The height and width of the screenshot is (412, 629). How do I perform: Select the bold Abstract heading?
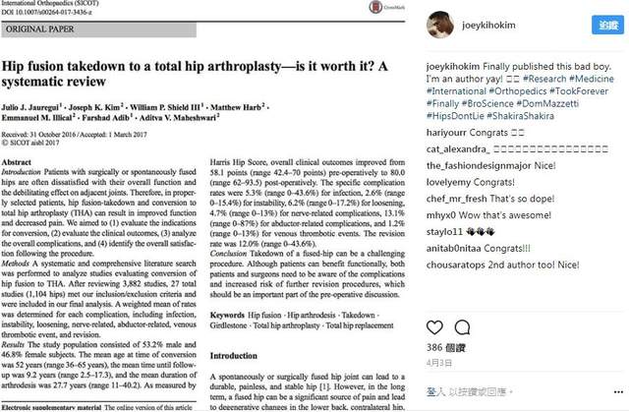pos(21,160)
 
